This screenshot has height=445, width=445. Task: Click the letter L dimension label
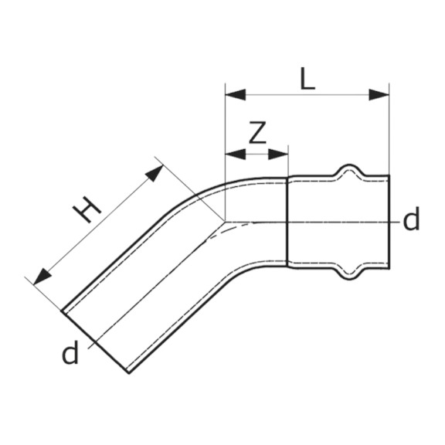coord(307,79)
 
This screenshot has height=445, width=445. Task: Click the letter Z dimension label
coord(257,132)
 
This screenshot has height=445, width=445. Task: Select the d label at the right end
coord(411,219)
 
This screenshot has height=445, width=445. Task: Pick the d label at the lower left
coord(70,352)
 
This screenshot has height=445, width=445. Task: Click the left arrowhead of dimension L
coord(236,94)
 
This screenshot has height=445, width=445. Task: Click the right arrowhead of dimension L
coord(379,94)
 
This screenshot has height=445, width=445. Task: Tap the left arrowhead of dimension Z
coord(236,154)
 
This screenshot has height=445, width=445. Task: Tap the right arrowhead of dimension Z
coord(278,154)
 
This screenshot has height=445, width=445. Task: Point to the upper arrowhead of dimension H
coord(155,172)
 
